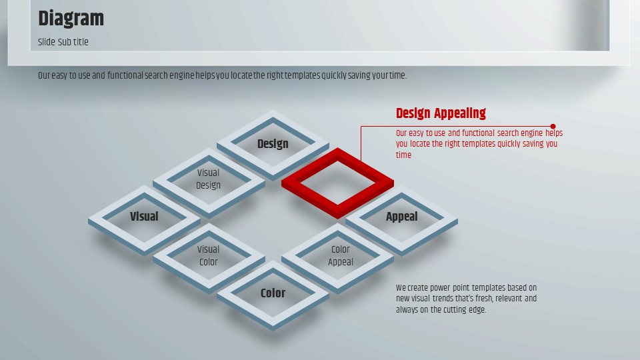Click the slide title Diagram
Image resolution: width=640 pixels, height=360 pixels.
click(x=71, y=19)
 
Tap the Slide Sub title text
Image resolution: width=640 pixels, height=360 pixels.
click(x=63, y=42)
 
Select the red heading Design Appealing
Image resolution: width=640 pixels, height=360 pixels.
click(x=441, y=113)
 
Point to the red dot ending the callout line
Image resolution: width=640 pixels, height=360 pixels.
click(x=553, y=127)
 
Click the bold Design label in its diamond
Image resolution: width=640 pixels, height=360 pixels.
click(x=273, y=144)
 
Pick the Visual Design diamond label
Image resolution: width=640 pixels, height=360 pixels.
click(x=208, y=179)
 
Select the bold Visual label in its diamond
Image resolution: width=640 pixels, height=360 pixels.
click(x=144, y=216)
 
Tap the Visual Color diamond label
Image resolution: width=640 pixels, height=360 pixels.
click(x=208, y=255)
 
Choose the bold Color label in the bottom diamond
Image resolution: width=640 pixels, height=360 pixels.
click(x=273, y=293)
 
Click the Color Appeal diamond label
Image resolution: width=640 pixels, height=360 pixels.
click(x=341, y=255)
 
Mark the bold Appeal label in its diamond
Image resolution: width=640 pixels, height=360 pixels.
click(x=401, y=217)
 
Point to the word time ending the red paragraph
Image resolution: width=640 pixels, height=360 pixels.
click(x=403, y=155)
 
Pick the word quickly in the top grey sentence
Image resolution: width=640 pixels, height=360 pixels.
click(x=334, y=76)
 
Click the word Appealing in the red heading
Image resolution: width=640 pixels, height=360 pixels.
click(x=460, y=113)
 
